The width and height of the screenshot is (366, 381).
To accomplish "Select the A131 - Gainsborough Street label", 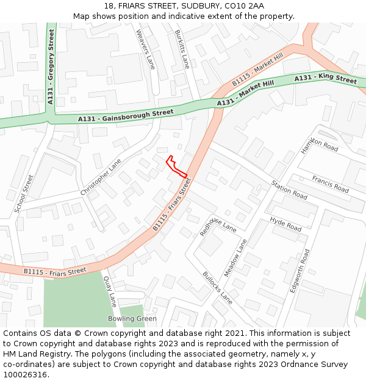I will pyautogui.click(x=126, y=115).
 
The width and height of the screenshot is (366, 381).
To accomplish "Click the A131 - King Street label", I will pyautogui.click(x=326, y=79).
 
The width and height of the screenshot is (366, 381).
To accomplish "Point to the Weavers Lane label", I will pyautogui.click(x=146, y=49).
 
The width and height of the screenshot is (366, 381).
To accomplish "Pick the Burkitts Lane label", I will pyautogui.click(x=182, y=49).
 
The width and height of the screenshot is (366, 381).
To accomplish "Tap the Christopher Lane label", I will pyautogui.click(x=101, y=177).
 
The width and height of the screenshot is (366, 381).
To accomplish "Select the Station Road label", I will pyautogui.click(x=289, y=190).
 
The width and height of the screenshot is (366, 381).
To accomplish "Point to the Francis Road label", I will pyautogui.click(x=330, y=184).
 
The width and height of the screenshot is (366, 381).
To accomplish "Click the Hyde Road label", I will pyautogui.click(x=285, y=224).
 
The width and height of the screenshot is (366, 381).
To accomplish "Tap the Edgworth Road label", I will pyautogui.click(x=300, y=271).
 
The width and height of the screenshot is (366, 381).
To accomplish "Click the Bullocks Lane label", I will pyautogui.click(x=218, y=288).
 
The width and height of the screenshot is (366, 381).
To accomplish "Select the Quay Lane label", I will pyautogui.click(x=110, y=292).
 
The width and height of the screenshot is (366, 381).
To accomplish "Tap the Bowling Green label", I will pyautogui.click(x=132, y=319).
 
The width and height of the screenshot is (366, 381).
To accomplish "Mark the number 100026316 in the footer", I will pyautogui.click(x=26, y=374).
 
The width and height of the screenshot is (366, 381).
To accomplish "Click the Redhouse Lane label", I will pyautogui.click(x=218, y=226).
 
